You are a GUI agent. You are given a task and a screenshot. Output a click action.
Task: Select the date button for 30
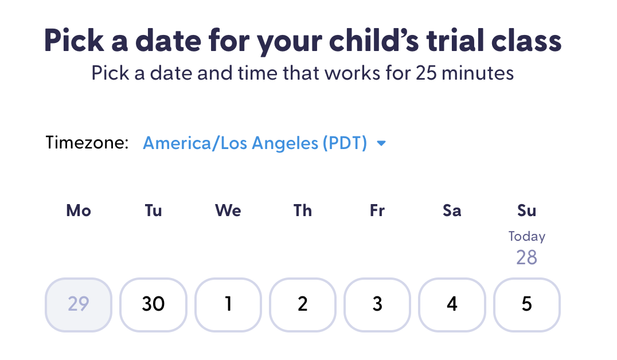(x=153, y=304)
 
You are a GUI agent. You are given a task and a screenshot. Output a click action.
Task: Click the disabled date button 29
(x=79, y=304)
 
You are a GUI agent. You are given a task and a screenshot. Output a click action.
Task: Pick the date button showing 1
(x=228, y=304)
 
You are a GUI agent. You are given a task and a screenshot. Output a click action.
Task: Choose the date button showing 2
(x=303, y=304)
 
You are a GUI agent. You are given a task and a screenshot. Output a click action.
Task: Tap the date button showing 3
(x=377, y=304)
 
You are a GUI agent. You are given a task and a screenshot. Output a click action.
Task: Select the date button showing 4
(x=452, y=304)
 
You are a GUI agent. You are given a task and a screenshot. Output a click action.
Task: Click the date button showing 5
(x=526, y=304)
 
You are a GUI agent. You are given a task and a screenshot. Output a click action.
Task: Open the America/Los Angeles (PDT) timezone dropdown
(x=255, y=143)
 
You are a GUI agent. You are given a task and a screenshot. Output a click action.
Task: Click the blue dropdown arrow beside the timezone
(x=381, y=144)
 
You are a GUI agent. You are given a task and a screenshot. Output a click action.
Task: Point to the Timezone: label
(x=87, y=143)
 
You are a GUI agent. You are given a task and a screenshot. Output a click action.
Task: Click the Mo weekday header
(x=79, y=211)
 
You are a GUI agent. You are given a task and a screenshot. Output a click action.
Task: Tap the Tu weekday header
(x=153, y=211)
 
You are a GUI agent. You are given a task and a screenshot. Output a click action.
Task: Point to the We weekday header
(x=228, y=211)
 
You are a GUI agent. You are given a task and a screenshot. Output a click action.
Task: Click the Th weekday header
(x=303, y=211)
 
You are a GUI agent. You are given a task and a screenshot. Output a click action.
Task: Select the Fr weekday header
(x=377, y=211)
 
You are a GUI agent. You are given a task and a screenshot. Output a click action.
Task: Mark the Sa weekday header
(x=452, y=211)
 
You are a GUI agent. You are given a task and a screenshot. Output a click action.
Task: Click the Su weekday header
(x=526, y=211)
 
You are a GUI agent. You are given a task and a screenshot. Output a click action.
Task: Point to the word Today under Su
(x=526, y=236)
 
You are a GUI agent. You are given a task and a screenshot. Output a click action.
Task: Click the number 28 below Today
(x=526, y=257)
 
